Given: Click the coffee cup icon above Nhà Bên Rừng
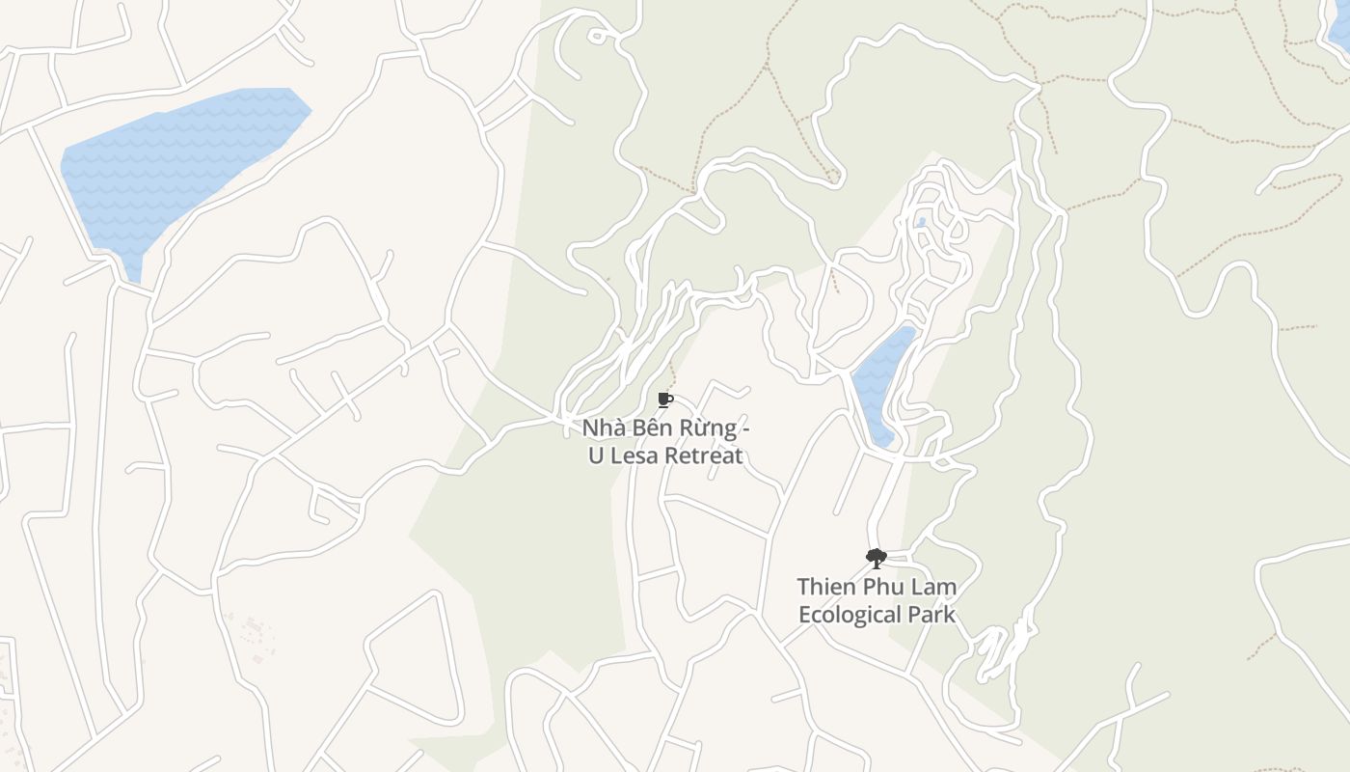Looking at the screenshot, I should point(664,400).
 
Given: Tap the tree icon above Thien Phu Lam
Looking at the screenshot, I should point(876,558).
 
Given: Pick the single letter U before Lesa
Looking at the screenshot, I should point(596,455).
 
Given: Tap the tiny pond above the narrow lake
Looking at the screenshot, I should point(922,223).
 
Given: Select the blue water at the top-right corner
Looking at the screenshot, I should point(1340,29).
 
